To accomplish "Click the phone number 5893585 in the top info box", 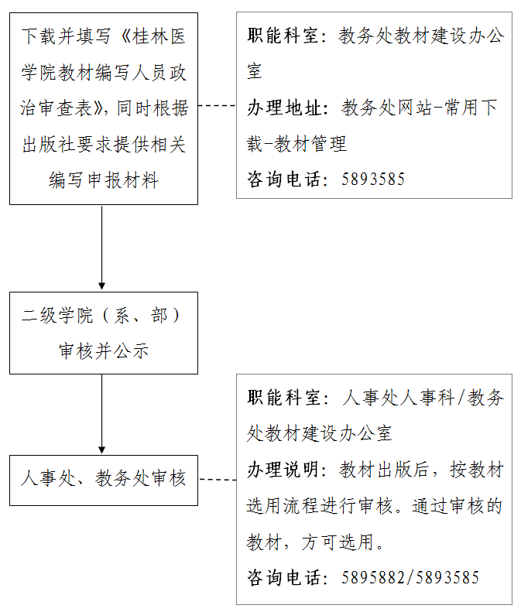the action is click(373, 179).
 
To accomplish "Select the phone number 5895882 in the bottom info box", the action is click(373, 577).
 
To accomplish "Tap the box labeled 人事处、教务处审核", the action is click(104, 480).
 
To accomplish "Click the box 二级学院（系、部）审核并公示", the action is click(104, 333).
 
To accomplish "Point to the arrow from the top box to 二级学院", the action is click(102, 248).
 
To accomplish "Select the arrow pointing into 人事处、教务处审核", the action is click(102, 414).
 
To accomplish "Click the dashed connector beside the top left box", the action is click(218, 105).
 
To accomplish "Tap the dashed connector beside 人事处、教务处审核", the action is click(218, 479).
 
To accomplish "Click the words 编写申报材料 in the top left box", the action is click(104, 180).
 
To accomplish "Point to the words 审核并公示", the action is click(104, 351).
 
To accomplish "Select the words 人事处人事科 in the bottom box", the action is click(399, 398).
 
